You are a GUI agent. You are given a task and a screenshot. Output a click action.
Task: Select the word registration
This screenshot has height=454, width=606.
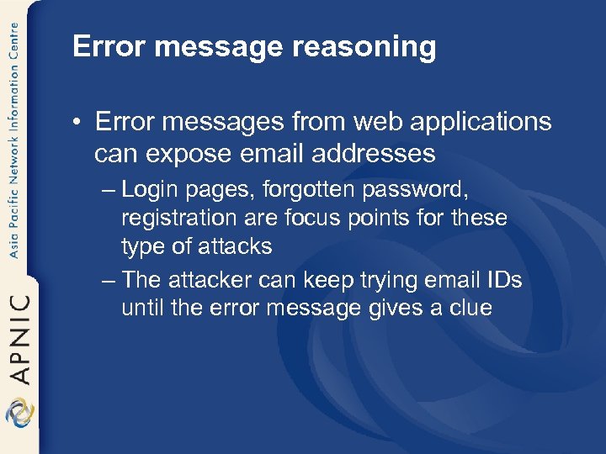[174, 219]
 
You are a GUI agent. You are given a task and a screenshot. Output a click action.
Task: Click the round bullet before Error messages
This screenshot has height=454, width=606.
[78, 123]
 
